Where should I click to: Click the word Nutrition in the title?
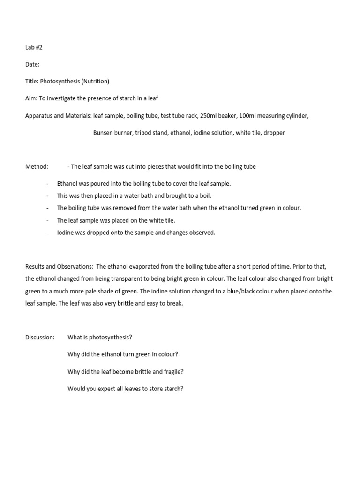pos(95,81)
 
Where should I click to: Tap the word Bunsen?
pos(104,132)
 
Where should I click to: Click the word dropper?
pos(274,132)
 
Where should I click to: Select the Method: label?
pos(37,166)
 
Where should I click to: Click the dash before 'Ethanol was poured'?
pos(48,184)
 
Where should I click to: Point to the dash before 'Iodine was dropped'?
pos(48,232)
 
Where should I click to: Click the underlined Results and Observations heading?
pos(59,266)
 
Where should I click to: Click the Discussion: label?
pos(40,337)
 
